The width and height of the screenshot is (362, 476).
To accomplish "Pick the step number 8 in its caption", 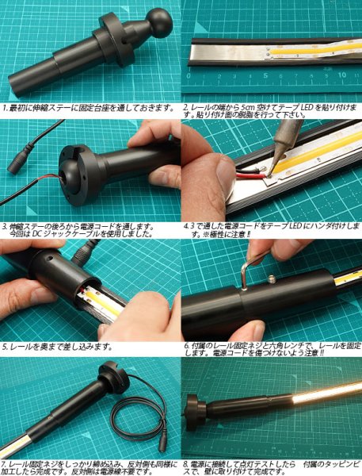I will (x=185, y=462).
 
